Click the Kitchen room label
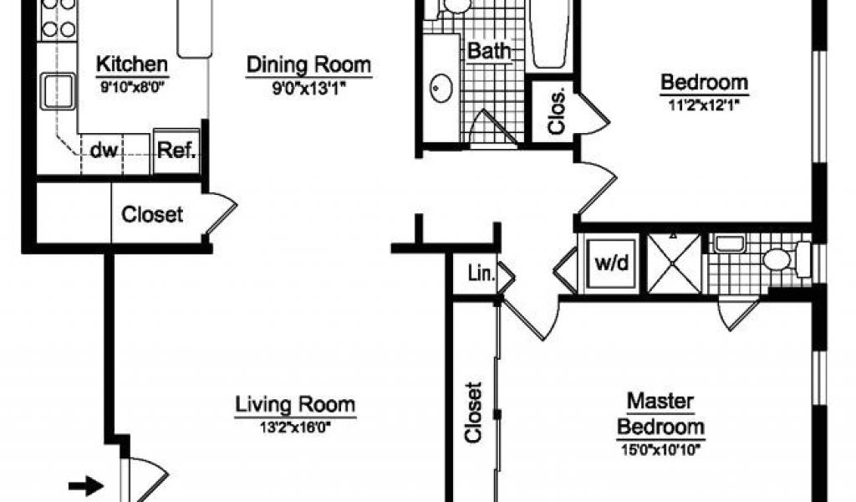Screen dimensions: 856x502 pyautogui.click(x=132, y=64)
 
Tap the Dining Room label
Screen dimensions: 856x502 pyautogui.click(x=309, y=64)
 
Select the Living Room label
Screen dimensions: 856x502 pyautogui.click(x=295, y=405)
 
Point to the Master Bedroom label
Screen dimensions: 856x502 pyautogui.click(x=660, y=414)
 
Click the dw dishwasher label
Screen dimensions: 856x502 pyautogui.click(x=103, y=151)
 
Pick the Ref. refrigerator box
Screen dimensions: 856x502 pyautogui.click(x=177, y=151)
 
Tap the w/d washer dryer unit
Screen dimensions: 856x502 pyautogui.click(x=612, y=264)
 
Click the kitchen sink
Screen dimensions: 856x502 pyautogui.click(x=58, y=91)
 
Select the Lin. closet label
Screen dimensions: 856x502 pyautogui.click(x=481, y=274)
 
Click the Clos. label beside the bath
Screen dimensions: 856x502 pyautogui.click(x=557, y=112)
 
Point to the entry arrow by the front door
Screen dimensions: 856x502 pyautogui.click(x=86, y=485)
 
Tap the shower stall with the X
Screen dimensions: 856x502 pyautogui.click(x=675, y=263)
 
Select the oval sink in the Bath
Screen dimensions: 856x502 pyautogui.click(x=441, y=89)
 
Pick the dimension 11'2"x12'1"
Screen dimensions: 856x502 pyautogui.click(x=704, y=105)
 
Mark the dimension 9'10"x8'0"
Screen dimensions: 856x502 pyautogui.click(x=133, y=86)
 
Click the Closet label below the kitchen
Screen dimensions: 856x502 pyautogui.click(x=152, y=215)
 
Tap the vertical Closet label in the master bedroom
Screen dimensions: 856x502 pyautogui.click(x=473, y=412)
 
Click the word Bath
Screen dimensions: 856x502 pyautogui.click(x=490, y=51)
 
